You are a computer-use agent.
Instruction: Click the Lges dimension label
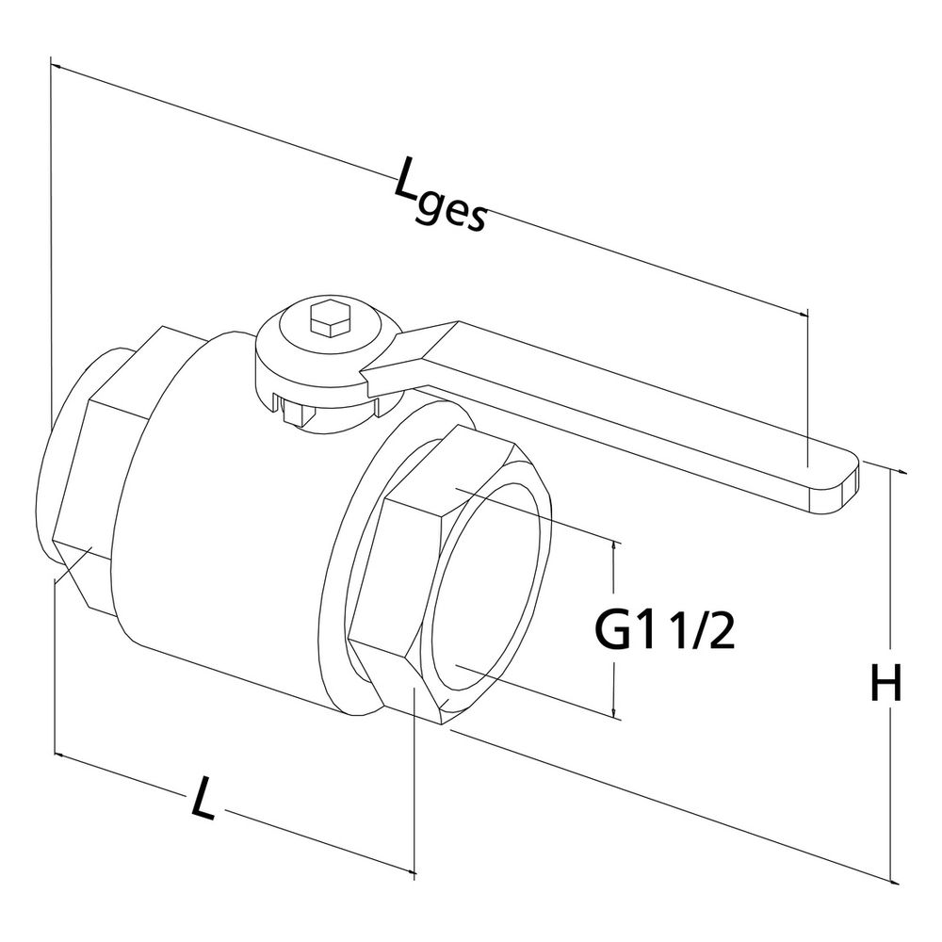pyautogui.click(x=439, y=193)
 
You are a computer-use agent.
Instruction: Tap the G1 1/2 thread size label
pyautogui.click(x=664, y=629)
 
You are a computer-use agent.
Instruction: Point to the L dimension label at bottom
pyautogui.click(x=203, y=797)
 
